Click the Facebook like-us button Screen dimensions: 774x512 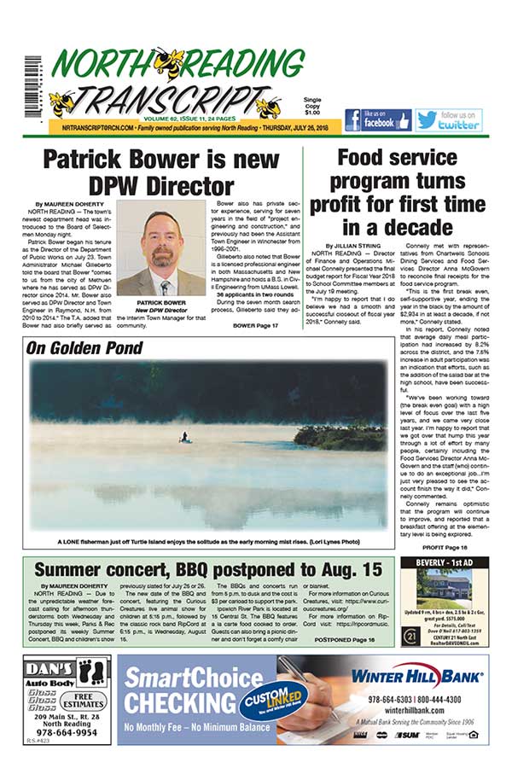[377, 120]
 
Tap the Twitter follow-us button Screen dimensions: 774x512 [449, 120]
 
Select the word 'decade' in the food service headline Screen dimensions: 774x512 [422, 227]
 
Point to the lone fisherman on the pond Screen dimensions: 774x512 [183, 436]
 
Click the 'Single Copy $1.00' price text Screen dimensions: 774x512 [312, 106]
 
